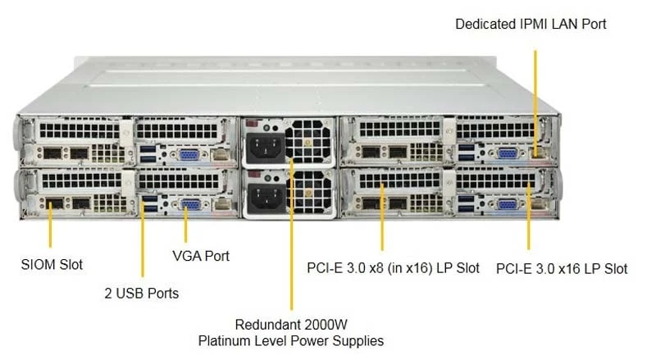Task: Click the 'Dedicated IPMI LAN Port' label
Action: tap(531, 24)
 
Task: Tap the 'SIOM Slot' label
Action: tap(52, 265)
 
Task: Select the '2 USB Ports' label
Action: tap(141, 293)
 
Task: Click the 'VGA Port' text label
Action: tap(201, 256)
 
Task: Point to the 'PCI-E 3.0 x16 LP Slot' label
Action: tap(562, 268)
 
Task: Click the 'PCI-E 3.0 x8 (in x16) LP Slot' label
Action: tap(393, 268)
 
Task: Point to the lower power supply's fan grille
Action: tap(311, 192)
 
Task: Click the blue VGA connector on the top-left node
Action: tap(189, 155)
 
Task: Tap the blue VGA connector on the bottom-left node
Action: tap(191, 205)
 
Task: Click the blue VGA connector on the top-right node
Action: tap(508, 154)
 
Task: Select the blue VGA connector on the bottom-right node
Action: tap(508, 205)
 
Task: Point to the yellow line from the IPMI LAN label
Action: tap(535, 103)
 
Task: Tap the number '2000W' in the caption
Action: tap(326, 325)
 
